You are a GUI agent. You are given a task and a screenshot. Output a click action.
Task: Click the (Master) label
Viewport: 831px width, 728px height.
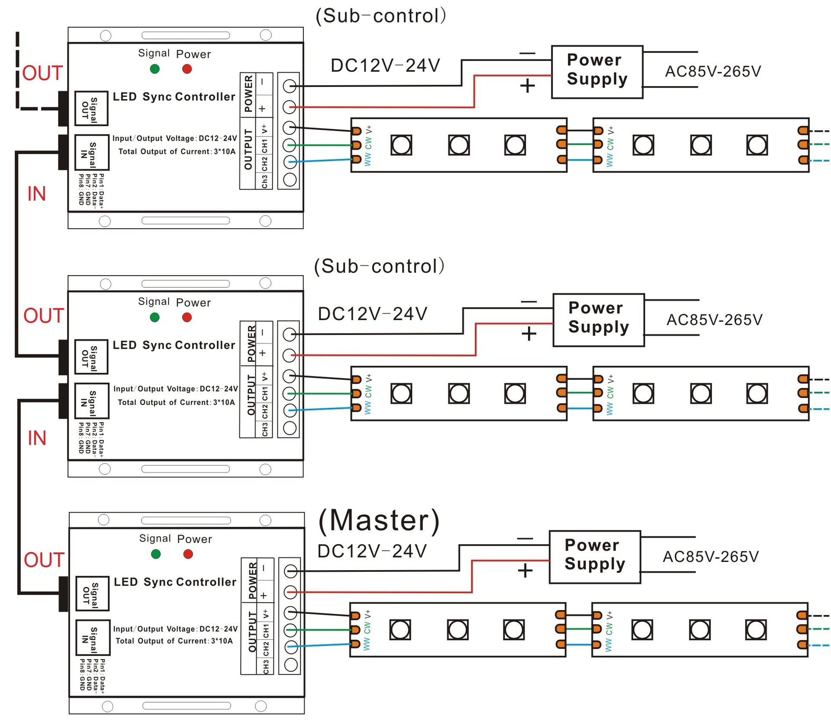pos(379,520)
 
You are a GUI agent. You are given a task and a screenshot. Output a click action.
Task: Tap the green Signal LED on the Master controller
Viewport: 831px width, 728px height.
pos(156,554)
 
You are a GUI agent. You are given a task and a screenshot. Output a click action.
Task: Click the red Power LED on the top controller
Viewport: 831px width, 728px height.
pos(187,69)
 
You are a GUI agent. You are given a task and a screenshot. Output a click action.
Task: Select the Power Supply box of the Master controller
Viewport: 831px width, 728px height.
pos(595,557)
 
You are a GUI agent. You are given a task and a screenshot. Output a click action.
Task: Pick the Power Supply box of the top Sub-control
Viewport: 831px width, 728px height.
pos(597,72)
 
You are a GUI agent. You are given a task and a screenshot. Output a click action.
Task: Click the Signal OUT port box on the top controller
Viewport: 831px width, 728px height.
pos(91,108)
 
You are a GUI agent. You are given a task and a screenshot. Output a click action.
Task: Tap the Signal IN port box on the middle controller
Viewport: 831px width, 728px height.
pos(91,401)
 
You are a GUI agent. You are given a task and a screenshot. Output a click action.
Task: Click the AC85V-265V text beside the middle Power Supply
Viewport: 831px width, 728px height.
pos(714,320)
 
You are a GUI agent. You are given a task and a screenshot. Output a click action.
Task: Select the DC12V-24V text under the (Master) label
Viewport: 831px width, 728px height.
pos(372,552)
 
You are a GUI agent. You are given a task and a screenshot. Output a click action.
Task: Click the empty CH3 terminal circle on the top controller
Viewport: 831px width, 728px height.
pos(290,180)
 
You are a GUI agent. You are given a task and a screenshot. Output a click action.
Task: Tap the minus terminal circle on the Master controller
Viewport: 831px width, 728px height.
pos(291,572)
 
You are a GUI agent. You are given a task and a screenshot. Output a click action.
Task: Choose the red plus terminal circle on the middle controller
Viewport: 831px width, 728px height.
pos(290,356)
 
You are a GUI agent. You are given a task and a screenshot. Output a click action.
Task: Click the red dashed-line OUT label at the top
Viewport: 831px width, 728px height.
pos(42,73)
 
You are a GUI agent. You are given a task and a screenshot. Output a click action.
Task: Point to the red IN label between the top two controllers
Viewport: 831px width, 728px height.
pos(36,194)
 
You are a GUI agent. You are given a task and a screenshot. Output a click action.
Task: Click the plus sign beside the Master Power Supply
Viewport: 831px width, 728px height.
pos(525,571)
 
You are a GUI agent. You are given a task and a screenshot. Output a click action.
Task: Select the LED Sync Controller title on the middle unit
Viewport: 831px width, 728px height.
pos(174,345)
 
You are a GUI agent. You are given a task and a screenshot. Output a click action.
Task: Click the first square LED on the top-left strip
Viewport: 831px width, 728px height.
pos(401,145)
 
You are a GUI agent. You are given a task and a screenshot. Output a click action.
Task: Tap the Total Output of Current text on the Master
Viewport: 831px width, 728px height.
pos(174,641)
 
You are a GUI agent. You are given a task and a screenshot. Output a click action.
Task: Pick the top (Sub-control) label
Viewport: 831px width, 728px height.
pos(380,16)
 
